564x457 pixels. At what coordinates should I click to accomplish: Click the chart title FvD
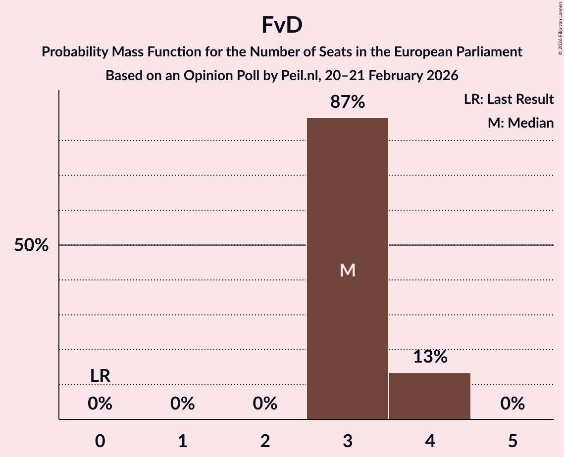click(282, 26)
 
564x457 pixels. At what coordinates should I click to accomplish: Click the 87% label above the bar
click(348, 102)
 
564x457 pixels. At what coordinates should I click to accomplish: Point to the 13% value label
click(430, 357)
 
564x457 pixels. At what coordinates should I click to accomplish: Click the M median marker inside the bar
click(348, 270)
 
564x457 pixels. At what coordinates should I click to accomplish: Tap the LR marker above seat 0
click(100, 376)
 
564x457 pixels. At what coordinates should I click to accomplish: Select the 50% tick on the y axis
click(31, 245)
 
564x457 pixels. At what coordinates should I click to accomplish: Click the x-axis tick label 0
click(100, 441)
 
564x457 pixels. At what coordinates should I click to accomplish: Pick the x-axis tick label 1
click(183, 441)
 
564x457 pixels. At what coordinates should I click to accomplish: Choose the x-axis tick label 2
click(265, 441)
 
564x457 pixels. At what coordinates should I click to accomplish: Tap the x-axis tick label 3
click(348, 441)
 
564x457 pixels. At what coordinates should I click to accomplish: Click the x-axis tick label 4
click(430, 441)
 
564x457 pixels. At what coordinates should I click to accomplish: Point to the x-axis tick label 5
click(513, 441)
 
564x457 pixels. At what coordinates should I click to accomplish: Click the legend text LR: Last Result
click(509, 99)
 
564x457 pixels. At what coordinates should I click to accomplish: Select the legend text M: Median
click(520, 123)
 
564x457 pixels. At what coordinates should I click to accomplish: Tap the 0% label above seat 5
click(513, 404)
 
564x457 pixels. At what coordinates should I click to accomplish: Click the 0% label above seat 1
click(183, 404)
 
